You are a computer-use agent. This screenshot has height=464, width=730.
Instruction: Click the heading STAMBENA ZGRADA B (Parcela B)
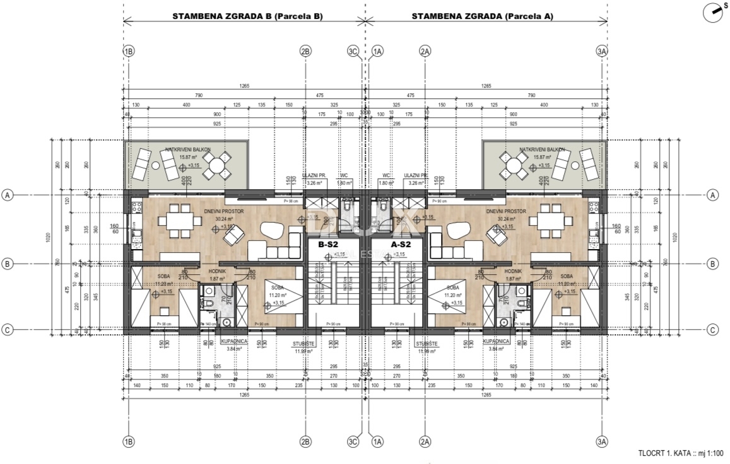point(247,17)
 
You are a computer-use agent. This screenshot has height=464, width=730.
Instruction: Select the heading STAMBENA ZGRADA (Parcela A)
point(482,17)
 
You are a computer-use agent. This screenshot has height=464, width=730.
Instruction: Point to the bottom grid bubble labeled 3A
point(602,442)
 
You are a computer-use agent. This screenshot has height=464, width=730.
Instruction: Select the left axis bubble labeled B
point(8,264)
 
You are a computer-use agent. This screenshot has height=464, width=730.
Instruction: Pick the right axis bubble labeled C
point(713,329)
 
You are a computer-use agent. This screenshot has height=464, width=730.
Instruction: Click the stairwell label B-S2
point(329,244)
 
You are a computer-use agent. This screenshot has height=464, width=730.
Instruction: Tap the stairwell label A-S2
point(401,244)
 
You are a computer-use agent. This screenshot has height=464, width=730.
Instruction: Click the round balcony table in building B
point(216,165)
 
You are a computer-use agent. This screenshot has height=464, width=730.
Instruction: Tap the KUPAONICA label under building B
point(234,341)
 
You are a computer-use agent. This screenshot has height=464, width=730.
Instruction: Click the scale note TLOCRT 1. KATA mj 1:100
point(681,453)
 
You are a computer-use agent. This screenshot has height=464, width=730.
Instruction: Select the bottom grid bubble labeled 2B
point(305,442)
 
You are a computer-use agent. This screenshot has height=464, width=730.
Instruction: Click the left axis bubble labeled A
point(8,195)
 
